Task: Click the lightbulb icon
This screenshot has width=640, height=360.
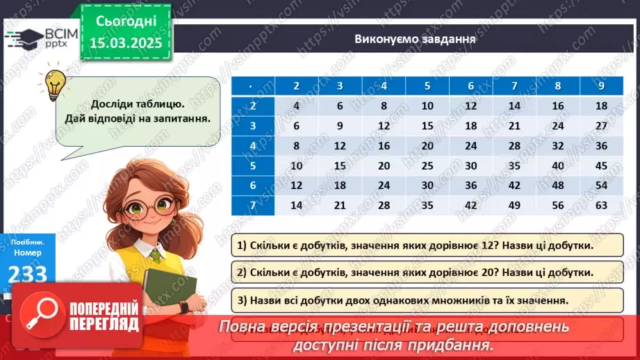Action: point(56,83)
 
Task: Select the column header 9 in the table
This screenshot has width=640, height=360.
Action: point(602,86)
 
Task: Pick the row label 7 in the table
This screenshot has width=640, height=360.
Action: point(253,205)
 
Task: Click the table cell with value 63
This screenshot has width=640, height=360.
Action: point(602,205)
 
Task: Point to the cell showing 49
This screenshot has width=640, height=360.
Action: point(515,205)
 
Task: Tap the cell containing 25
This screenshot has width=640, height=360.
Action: point(427,165)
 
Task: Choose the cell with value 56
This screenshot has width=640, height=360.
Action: point(558,205)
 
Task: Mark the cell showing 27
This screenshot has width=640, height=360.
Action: point(602,126)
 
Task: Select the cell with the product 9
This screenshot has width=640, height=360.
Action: point(340,126)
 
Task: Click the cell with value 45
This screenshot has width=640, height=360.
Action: point(602,165)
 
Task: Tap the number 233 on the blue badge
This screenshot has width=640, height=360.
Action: point(28,273)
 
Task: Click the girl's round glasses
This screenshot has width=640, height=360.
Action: point(147,204)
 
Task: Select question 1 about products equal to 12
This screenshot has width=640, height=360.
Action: point(420,245)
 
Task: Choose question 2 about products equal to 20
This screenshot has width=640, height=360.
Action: point(420,272)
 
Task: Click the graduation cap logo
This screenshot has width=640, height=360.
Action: point(25,38)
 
